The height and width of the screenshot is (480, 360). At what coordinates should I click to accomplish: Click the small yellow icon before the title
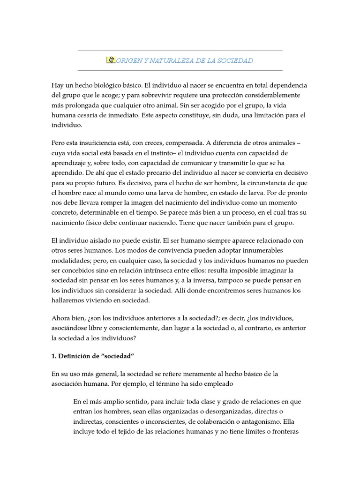[112, 60]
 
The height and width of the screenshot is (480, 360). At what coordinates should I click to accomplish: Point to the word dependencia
[286, 85]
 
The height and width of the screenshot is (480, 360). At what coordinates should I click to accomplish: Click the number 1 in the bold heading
[53, 356]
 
